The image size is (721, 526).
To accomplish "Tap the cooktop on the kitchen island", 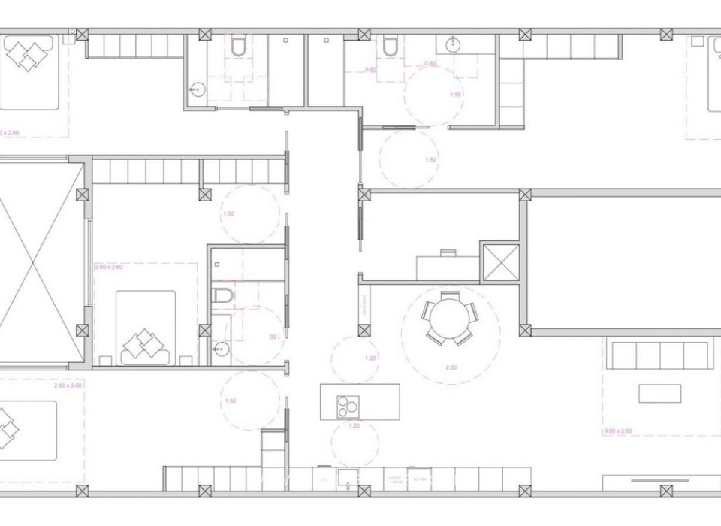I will click(x=347, y=406).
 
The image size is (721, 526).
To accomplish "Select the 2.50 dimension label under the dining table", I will click(x=451, y=367).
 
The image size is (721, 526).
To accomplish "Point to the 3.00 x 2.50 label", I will click(x=617, y=431).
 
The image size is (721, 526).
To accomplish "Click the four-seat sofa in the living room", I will click(x=659, y=355).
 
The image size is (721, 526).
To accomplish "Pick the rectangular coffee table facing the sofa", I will click(x=659, y=393).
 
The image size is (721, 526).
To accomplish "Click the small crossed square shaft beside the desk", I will click(x=499, y=261).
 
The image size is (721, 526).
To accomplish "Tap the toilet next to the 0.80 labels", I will click(x=389, y=47).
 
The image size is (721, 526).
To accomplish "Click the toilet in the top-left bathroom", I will click(x=238, y=47).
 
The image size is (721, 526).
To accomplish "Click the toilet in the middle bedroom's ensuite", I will click(x=223, y=295).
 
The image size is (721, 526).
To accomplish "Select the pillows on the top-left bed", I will click(x=29, y=55).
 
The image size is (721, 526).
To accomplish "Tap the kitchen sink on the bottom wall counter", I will click(x=348, y=478).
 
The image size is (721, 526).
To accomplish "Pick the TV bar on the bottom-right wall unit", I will click(x=659, y=479).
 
